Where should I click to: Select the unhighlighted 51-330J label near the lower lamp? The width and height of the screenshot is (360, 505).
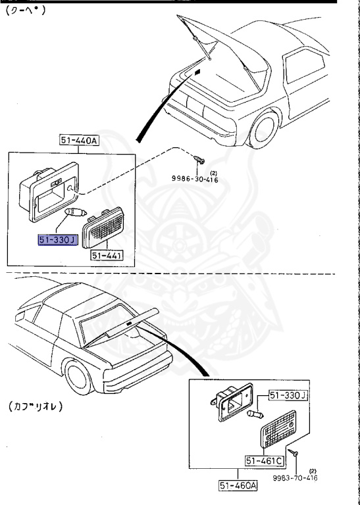click(x=287, y=395)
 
